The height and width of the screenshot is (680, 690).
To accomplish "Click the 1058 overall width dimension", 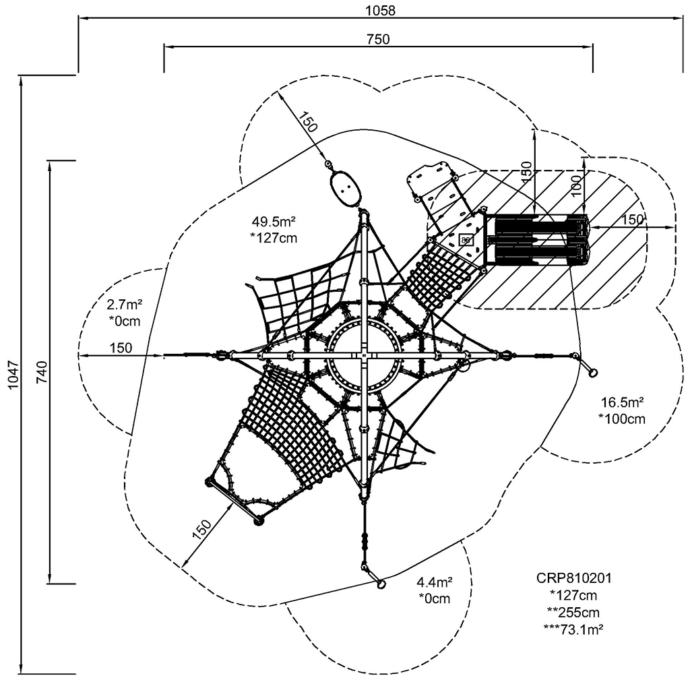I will [x=380, y=9].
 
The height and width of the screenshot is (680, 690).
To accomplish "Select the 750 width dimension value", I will [x=379, y=39].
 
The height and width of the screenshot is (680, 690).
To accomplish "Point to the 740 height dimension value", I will [x=40, y=372].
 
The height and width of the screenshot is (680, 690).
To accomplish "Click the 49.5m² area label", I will [x=274, y=222].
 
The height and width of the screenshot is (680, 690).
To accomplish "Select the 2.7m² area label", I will [x=124, y=305].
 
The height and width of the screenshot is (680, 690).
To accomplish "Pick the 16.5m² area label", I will [x=622, y=402].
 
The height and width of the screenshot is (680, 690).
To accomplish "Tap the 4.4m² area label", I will [x=434, y=582].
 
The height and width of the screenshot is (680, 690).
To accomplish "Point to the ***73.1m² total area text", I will [x=573, y=629].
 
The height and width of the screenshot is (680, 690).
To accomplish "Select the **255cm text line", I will [x=573, y=612].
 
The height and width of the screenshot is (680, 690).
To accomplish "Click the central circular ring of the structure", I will [x=364, y=355].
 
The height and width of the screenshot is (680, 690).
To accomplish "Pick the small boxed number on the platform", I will [x=466, y=239].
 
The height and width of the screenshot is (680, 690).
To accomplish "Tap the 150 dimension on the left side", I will [x=121, y=348].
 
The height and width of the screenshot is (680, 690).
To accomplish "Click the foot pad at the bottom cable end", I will [x=381, y=584].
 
